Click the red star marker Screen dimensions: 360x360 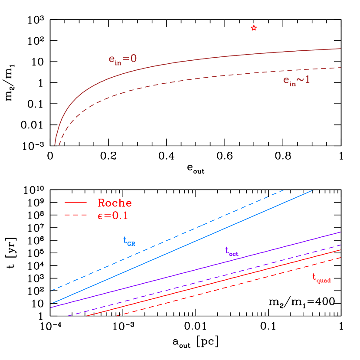tap(254, 28)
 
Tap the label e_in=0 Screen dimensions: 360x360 tap(123, 59)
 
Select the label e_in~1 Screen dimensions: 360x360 tap(297, 80)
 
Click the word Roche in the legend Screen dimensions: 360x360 tap(115, 203)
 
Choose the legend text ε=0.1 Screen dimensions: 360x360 tap(113, 216)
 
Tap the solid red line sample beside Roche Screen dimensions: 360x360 tap(76, 203)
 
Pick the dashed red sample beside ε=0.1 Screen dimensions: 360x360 tap(76, 215)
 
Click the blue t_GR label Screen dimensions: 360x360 tap(129, 241)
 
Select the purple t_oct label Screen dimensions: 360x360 tap(231, 251)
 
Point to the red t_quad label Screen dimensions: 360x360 tap(321, 278)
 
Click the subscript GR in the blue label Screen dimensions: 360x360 tap(131, 244)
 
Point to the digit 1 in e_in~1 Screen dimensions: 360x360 tap(307, 80)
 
